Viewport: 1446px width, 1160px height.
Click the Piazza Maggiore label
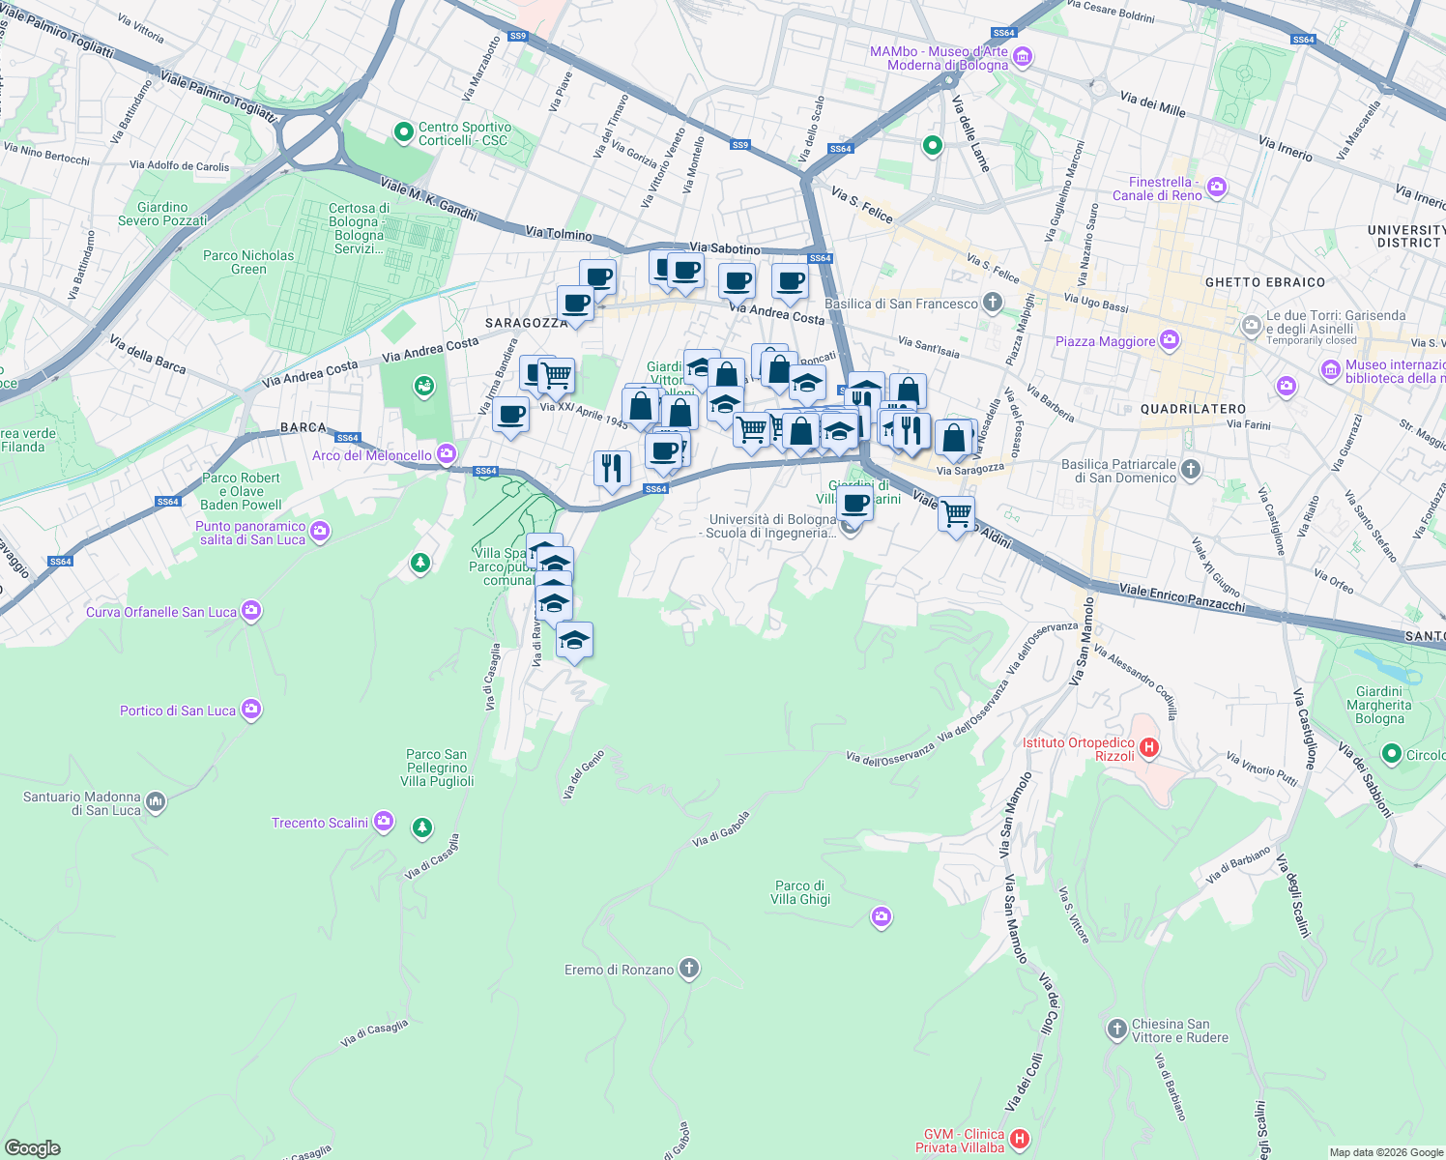(1105, 341)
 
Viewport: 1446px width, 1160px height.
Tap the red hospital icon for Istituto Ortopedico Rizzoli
(1149, 746)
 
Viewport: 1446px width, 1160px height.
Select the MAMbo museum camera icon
(1023, 58)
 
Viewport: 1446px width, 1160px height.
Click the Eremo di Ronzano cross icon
(688, 969)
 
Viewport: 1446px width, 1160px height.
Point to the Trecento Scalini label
(320, 823)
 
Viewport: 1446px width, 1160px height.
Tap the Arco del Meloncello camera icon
(446, 453)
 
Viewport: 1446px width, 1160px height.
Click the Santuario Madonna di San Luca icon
(156, 801)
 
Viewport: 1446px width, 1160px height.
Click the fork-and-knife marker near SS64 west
(611, 468)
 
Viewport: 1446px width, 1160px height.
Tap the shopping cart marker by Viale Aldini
(956, 513)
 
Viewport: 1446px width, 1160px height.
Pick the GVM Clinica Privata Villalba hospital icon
(1020, 1140)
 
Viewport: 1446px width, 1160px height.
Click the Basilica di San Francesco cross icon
(993, 303)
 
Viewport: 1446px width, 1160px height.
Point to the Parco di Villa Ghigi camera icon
(881, 916)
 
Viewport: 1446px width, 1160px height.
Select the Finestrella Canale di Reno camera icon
(1217, 188)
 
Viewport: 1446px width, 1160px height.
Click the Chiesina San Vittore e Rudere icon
(1117, 1029)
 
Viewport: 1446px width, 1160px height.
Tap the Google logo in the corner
(32, 1147)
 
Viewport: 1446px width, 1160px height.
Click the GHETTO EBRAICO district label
(1264, 282)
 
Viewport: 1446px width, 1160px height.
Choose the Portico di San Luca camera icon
(251, 710)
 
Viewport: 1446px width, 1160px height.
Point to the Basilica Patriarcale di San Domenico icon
(1191, 470)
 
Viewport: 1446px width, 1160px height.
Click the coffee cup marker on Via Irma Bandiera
(510, 416)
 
